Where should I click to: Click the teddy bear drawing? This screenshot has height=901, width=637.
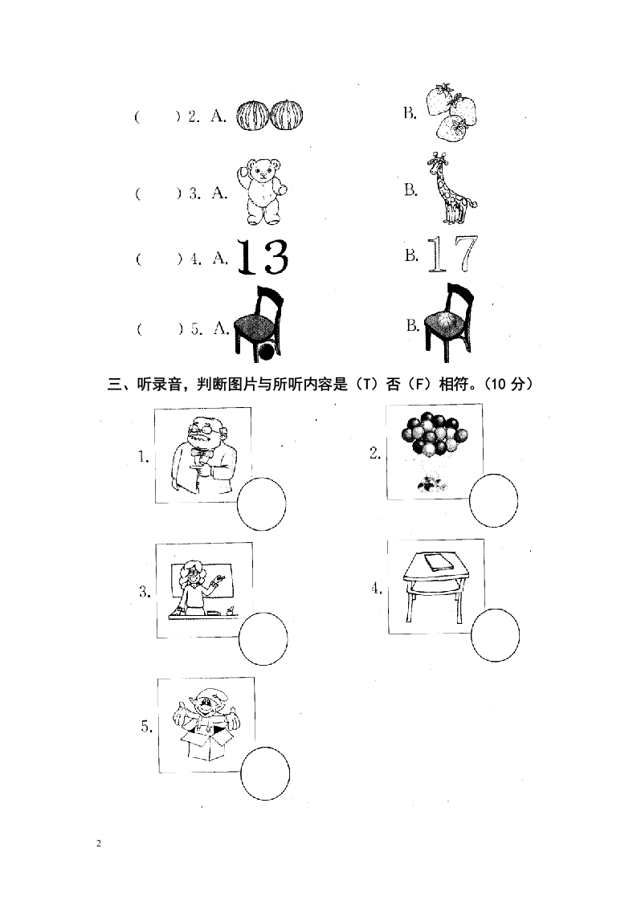pyautogui.click(x=262, y=191)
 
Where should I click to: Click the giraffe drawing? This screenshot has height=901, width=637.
pyautogui.click(x=452, y=189)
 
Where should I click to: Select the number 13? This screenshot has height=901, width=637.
pyautogui.click(x=263, y=257)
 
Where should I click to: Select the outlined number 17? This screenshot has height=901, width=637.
pyautogui.click(x=452, y=254)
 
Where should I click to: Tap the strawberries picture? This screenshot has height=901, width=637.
pyautogui.click(x=452, y=112)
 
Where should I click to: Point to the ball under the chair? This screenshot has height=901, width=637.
pyautogui.click(x=266, y=351)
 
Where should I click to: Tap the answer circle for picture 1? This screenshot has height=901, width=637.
pyautogui.click(x=262, y=504)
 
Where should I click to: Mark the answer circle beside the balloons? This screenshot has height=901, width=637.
pyautogui.click(x=493, y=501)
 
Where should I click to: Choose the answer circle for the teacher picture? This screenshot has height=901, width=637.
pyautogui.click(x=263, y=638)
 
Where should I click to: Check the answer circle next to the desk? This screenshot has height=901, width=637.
pyautogui.click(x=495, y=635)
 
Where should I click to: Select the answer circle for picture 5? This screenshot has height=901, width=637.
pyautogui.click(x=265, y=773)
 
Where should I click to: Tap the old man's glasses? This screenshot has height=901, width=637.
pyautogui.click(x=201, y=428)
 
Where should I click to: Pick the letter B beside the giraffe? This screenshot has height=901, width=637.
pyautogui.click(x=410, y=190)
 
